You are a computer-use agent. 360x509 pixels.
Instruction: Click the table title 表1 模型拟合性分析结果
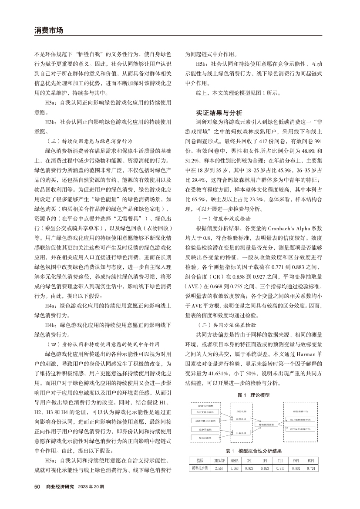point(254,451)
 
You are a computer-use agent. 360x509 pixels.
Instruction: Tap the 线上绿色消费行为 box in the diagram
point(299,419)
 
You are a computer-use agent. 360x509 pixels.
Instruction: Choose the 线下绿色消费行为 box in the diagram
point(299,428)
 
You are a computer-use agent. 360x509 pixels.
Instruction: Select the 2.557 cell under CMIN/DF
point(219,468)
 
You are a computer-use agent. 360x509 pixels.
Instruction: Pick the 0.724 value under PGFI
point(310,468)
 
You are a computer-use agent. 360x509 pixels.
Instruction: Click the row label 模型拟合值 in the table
point(200,468)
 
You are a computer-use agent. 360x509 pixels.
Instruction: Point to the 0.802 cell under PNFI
point(296,468)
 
